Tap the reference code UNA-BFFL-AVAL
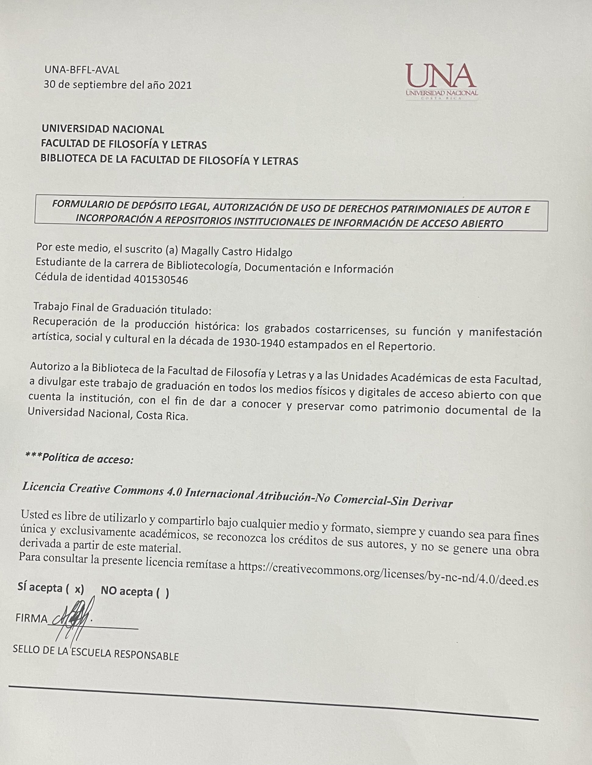coord(82,70)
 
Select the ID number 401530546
coord(161,279)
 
